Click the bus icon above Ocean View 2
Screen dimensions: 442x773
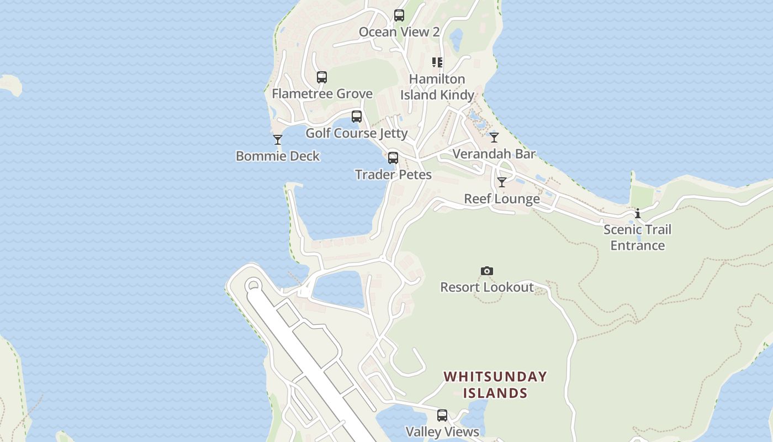(x=399, y=15)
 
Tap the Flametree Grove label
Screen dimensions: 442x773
(x=322, y=94)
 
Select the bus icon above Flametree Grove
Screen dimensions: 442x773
(x=322, y=77)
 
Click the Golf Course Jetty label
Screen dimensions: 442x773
(x=357, y=133)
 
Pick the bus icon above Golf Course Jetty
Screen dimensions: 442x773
(x=357, y=117)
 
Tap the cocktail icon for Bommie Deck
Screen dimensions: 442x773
(x=278, y=140)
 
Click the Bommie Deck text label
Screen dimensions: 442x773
(x=278, y=156)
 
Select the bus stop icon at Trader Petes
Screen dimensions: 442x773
(x=393, y=158)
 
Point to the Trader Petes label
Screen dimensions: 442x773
(x=393, y=175)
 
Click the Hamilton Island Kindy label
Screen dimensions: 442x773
(x=437, y=87)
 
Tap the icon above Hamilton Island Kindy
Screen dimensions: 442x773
(x=437, y=62)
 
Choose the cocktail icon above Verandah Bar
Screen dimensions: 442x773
(x=494, y=138)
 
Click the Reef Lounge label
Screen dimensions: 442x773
(x=502, y=199)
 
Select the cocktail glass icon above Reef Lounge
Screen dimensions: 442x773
(x=502, y=182)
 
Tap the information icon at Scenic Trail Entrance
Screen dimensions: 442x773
(x=638, y=213)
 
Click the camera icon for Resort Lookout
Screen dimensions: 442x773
(x=486, y=271)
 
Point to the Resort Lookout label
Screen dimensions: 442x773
(x=486, y=287)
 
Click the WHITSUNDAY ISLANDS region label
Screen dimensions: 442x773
(x=495, y=385)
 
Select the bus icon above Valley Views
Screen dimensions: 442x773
(x=442, y=415)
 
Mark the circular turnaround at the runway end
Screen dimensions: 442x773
(x=253, y=286)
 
